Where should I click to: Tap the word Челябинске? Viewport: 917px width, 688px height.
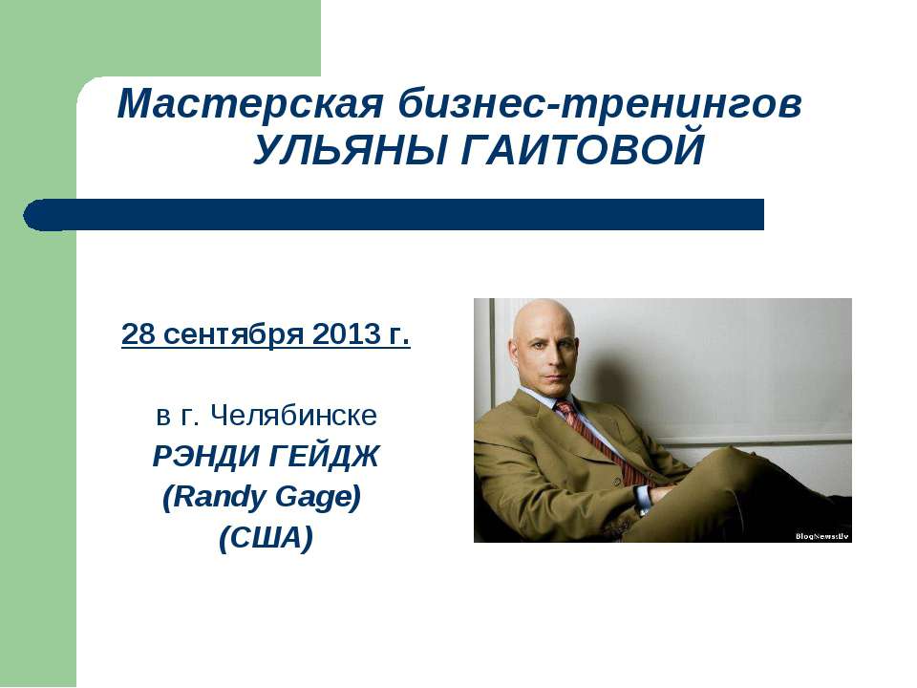tap(293, 416)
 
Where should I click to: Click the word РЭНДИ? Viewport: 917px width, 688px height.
tap(198, 457)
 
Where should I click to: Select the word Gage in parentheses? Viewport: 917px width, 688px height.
tap(323, 498)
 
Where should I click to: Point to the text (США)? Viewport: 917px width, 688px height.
tap(266, 539)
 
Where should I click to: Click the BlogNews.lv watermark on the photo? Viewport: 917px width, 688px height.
tap(821, 536)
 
